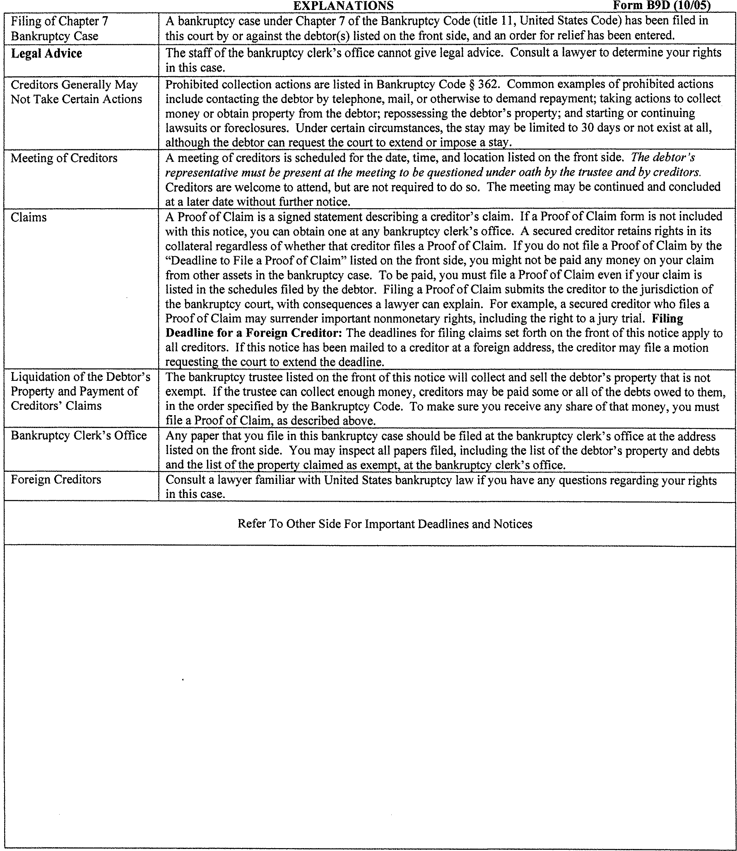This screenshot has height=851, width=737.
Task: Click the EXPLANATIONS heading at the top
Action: (x=343, y=6)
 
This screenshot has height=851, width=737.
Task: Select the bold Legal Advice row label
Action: (x=46, y=53)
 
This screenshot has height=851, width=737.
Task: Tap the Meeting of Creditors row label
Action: (x=64, y=158)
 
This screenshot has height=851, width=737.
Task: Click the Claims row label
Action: (x=29, y=218)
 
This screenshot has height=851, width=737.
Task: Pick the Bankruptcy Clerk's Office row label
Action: (x=79, y=435)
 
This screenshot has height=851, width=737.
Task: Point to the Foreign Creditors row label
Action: (x=56, y=479)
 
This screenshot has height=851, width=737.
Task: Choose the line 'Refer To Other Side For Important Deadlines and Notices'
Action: (x=385, y=524)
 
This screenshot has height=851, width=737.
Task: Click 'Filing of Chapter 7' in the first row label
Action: (x=59, y=21)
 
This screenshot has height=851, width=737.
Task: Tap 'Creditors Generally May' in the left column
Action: (x=74, y=85)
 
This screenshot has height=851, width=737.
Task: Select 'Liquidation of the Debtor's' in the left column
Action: (x=81, y=377)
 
